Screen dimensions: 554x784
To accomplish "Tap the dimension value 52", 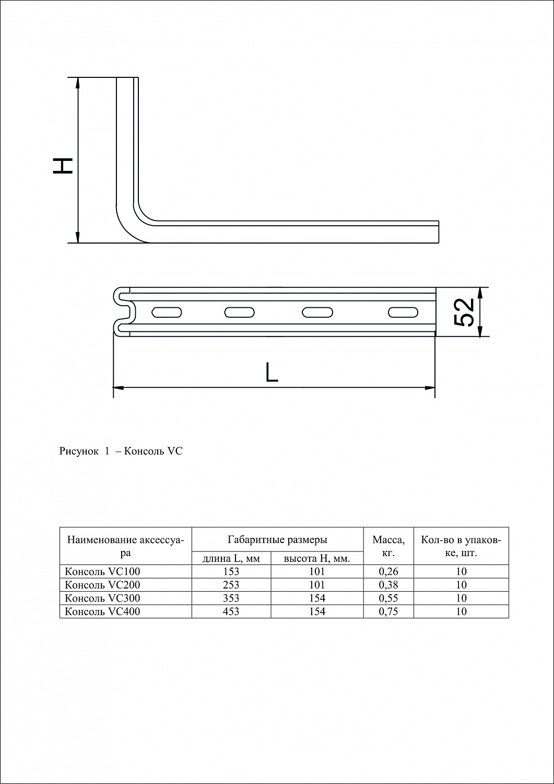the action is point(465,312).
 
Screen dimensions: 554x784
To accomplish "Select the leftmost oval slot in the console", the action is point(167,312).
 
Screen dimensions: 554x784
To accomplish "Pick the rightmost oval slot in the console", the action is point(403,312).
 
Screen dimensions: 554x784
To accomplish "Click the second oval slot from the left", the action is point(240,312).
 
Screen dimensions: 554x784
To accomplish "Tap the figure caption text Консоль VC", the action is point(154,451).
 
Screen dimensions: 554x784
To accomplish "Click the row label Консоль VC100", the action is point(102,572).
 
